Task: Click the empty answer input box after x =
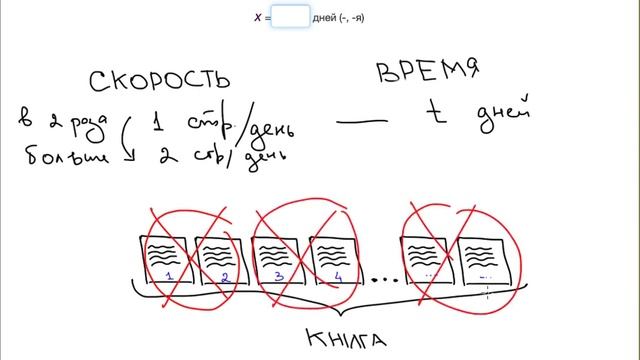tap(290, 17)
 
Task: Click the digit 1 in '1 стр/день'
tap(158, 125)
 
